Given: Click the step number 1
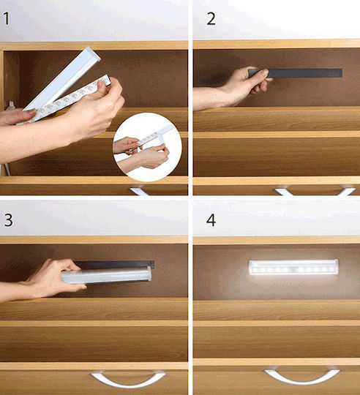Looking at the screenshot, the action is click(x=7, y=19).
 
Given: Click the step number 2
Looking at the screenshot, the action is click(x=211, y=19).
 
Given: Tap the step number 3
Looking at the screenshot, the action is click(x=8, y=220).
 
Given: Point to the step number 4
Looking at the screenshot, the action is click(x=211, y=220).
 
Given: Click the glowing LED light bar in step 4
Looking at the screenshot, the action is click(x=293, y=267).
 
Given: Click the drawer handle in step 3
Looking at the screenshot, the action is click(x=128, y=378).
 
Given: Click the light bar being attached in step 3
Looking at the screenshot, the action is click(x=107, y=275).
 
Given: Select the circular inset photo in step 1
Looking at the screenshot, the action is click(x=147, y=147).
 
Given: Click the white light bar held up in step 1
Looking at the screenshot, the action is click(x=63, y=78).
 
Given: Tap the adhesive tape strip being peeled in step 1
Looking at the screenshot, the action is click(x=67, y=99).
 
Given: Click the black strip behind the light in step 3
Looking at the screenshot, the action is click(x=116, y=265).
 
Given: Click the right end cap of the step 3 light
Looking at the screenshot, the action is click(x=149, y=274).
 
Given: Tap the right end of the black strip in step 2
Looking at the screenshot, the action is click(x=342, y=73).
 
